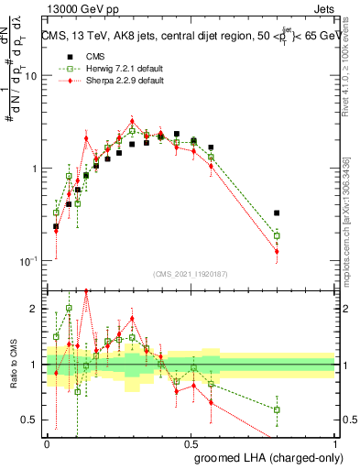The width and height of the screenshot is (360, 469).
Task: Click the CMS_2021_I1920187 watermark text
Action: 191,274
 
